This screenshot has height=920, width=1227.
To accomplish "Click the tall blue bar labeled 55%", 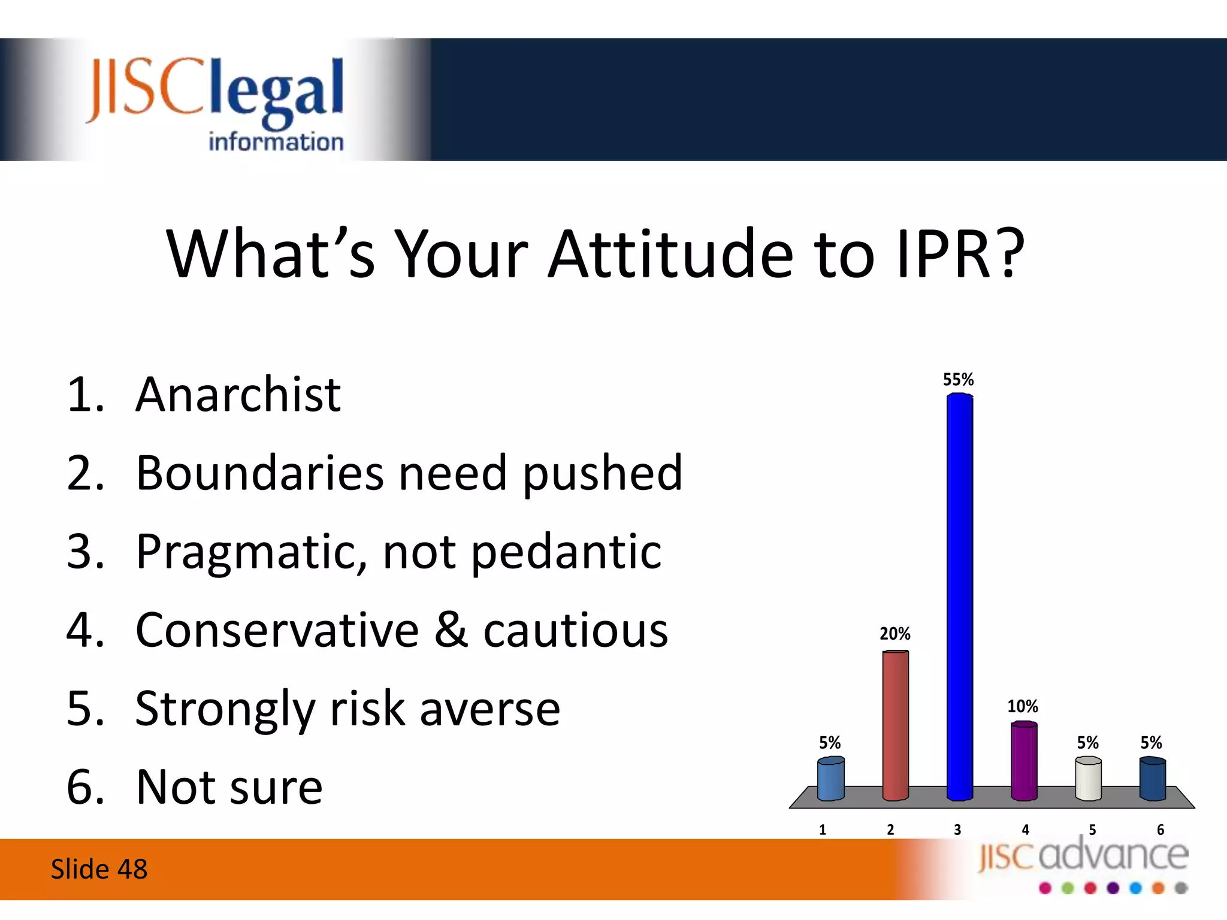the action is click(960, 597).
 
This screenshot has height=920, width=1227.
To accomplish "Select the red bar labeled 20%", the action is click(896, 725).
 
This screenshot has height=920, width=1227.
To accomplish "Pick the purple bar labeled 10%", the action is click(1024, 761).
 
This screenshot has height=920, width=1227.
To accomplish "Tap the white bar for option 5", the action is click(1089, 779).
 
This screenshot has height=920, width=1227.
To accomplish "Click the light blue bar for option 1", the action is click(831, 779).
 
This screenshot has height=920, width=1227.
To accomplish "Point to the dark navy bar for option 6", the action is click(1153, 779).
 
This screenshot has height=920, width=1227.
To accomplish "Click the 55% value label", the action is click(959, 380).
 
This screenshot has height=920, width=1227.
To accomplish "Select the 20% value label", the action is click(895, 634).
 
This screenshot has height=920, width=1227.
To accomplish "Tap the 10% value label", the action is click(1023, 706).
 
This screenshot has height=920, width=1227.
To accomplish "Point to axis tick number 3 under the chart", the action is click(957, 830).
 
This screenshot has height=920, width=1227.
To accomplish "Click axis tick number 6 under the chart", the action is click(1160, 830).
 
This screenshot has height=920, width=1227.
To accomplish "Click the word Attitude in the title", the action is click(670, 254).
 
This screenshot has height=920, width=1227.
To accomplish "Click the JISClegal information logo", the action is click(216, 102).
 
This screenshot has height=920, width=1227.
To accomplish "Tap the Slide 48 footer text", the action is click(99, 869).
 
